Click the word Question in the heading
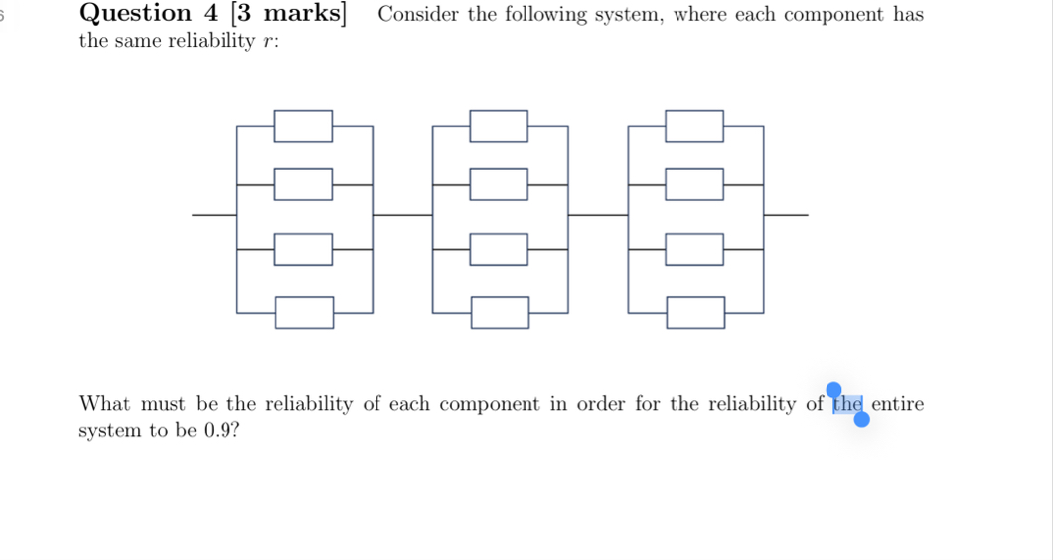(x=135, y=14)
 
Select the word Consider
(x=420, y=15)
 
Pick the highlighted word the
(x=848, y=404)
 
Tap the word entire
(x=897, y=404)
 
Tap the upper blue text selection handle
(x=834, y=389)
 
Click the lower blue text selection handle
(x=861, y=419)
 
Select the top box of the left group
(x=304, y=126)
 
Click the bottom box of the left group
(x=304, y=312)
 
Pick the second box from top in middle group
(x=499, y=184)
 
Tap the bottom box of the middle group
(x=500, y=312)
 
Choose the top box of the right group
(x=694, y=126)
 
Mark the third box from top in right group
(x=694, y=249)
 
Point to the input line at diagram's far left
(x=214, y=214)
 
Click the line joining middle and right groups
(x=598, y=214)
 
